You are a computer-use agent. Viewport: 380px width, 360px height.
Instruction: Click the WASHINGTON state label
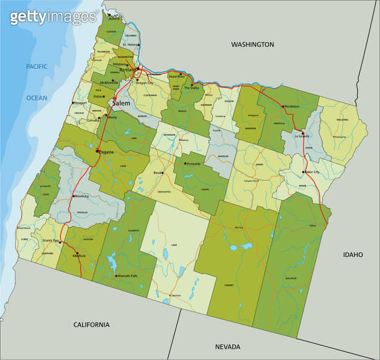pyautogui.click(x=252, y=45)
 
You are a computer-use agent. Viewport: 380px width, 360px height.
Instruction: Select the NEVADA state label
pyautogui.click(x=228, y=346)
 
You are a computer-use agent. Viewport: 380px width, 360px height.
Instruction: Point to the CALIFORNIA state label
pyautogui.click(x=91, y=325)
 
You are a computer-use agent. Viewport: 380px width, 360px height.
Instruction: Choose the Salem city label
pyautogui.click(x=122, y=102)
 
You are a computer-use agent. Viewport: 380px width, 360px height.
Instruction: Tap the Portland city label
pyautogui.click(x=126, y=70)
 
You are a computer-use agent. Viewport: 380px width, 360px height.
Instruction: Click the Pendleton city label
pyautogui.click(x=291, y=107)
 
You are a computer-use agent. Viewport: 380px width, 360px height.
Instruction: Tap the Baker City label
pyautogui.click(x=312, y=172)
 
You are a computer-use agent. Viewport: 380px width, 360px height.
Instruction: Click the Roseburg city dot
pyautogui.click(x=73, y=196)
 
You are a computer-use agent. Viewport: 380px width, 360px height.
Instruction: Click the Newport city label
pyautogui.click(x=80, y=103)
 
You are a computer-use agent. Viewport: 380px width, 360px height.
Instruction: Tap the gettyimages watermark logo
pyautogui.click(x=53, y=17)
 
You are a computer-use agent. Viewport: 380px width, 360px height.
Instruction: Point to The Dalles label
pyautogui.click(x=191, y=88)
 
